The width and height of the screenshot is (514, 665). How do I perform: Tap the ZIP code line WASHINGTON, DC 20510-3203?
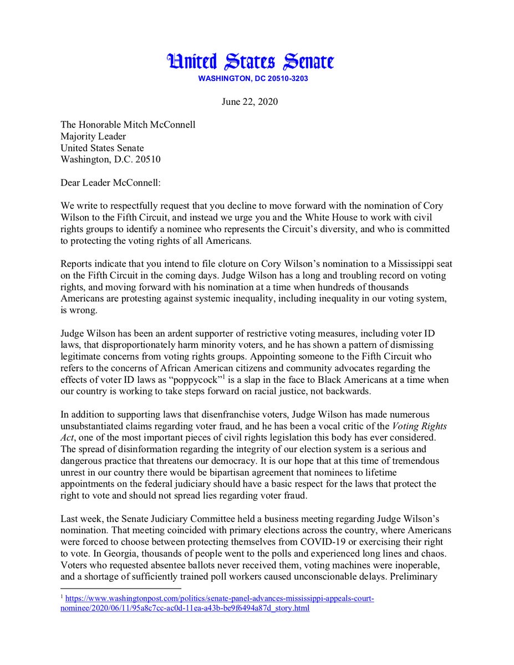pos(253,79)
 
